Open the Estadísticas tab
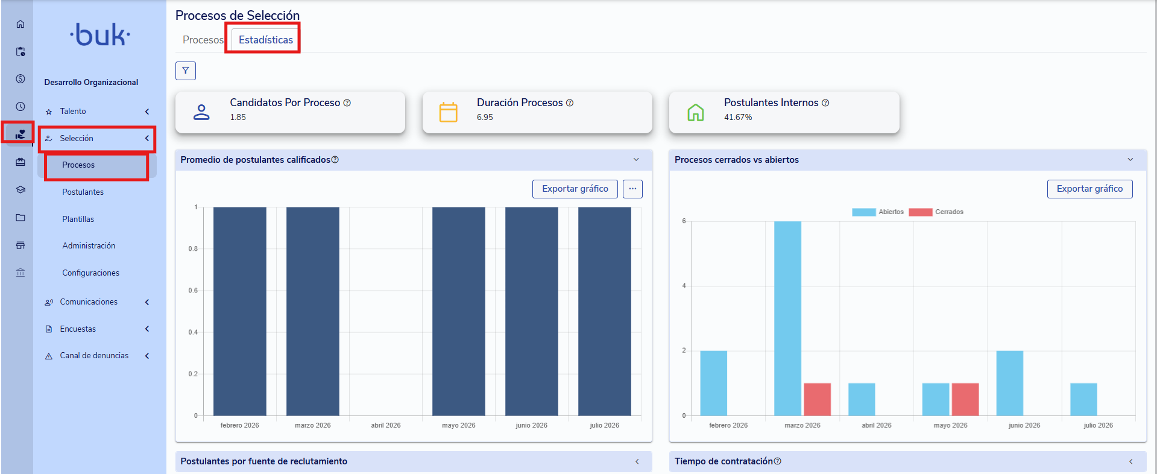[265, 40]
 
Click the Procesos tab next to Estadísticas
[203, 40]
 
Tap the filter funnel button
[186, 71]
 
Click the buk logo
[100, 35]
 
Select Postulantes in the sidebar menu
[83, 192]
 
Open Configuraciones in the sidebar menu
[90, 273]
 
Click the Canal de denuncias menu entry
[94, 356]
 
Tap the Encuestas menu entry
[78, 329]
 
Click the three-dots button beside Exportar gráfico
[632, 189]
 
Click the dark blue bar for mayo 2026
[459, 311]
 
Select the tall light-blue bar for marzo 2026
[787, 318]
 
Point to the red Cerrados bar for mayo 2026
[965, 399]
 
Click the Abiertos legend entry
[878, 212]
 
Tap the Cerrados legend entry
[936, 212]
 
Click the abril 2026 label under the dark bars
[386, 425]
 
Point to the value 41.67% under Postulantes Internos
[738, 117]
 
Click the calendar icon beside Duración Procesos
[449, 112]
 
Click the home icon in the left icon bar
[20, 24]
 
